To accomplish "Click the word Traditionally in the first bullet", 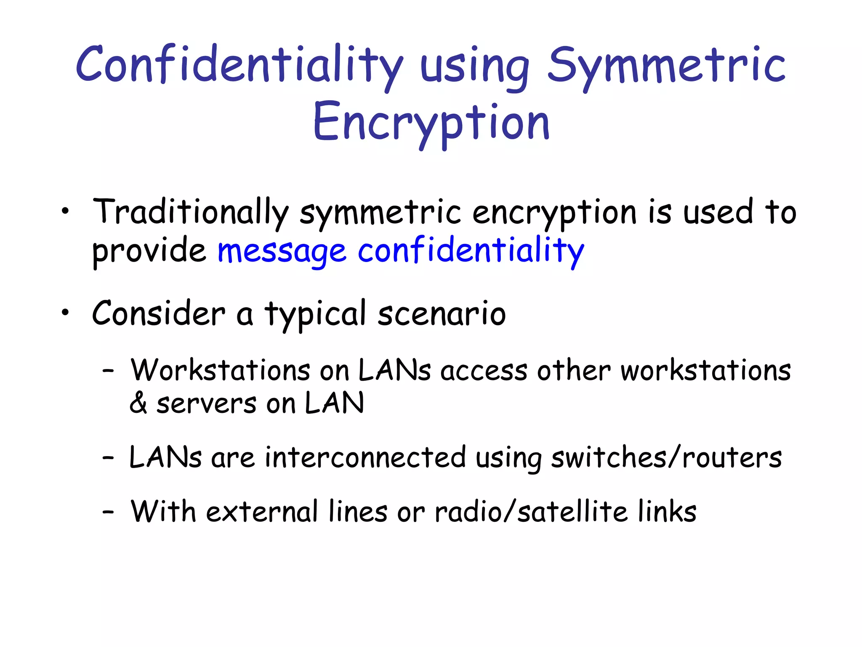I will [190, 212].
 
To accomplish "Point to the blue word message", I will [282, 251].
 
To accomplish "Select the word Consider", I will [159, 314].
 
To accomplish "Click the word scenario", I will [442, 314].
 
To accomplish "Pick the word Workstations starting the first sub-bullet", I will [220, 371].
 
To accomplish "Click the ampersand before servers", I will [138, 404].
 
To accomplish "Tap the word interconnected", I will [365, 458].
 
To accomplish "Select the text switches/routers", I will [666, 458].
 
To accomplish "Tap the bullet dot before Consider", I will [64, 313].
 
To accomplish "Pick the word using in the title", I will [474, 67].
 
